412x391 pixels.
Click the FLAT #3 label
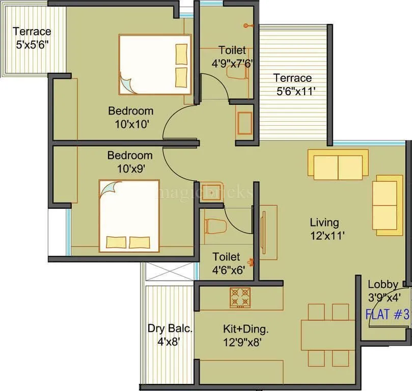point(388,315)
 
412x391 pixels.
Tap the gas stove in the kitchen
point(240,298)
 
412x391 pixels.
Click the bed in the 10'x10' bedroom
point(155,64)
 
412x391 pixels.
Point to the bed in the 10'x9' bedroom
point(129,215)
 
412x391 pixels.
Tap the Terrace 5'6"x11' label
point(292,85)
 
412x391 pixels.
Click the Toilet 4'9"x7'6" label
point(232,57)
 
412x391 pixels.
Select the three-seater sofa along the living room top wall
point(338,164)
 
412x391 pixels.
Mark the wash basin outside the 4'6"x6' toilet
point(209,189)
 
